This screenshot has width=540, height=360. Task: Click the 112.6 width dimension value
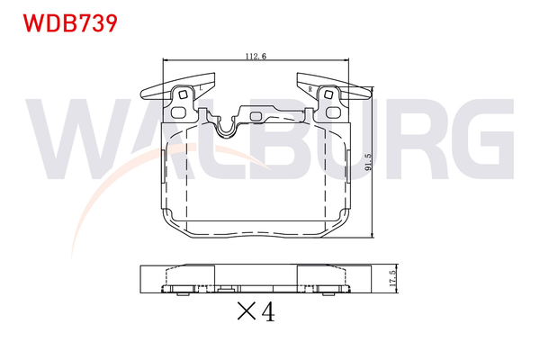[x=256, y=57]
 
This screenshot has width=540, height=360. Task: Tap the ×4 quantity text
[x=255, y=312]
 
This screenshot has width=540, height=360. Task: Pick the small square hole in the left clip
[x=184, y=94]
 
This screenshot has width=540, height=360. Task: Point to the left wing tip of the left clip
[x=144, y=94]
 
